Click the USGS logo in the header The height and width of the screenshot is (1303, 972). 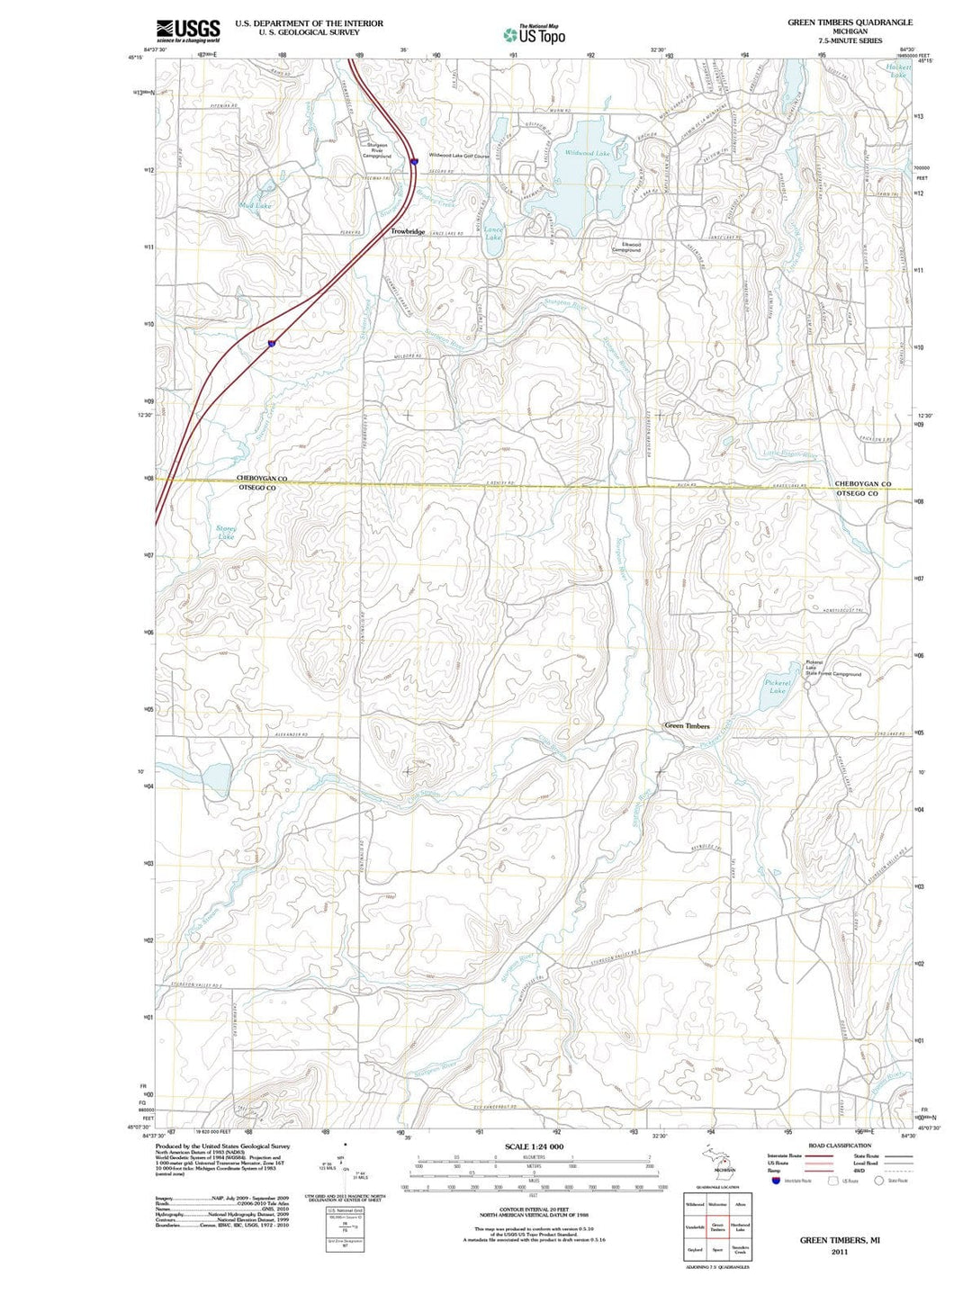[187, 31]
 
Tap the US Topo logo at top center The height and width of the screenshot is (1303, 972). [535, 35]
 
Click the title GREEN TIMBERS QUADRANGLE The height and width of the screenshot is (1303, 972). [850, 22]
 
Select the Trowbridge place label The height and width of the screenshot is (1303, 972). [408, 232]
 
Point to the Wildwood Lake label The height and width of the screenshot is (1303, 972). [587, 154]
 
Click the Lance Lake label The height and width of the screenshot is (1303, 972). [493, 234]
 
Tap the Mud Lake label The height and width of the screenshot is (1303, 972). [256, 206]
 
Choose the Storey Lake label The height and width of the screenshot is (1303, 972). [226, 533]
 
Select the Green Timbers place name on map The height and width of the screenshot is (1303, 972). [687, 726]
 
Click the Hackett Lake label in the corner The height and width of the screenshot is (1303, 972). [897, 71]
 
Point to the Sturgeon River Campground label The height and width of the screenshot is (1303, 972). [376, 150]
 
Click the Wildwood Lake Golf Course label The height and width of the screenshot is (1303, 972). [459, 155]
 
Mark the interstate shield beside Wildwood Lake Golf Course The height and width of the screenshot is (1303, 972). [413, 161]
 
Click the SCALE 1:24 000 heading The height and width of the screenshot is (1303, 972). [534, 1146]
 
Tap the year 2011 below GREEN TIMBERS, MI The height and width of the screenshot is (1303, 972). [839, 1252]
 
